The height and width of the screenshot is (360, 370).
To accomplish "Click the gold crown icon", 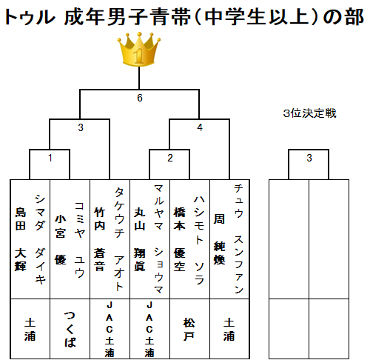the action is (x=139, y=49).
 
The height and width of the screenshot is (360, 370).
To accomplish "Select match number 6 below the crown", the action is (x=140, y=98).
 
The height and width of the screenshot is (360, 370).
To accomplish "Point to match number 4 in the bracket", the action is (x=200, y=127).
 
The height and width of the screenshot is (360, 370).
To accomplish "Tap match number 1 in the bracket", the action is (x=50, y=158).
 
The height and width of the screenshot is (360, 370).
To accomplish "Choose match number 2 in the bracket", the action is (x=170, y=158).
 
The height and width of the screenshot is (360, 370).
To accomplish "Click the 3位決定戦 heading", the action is (x=310, y=113).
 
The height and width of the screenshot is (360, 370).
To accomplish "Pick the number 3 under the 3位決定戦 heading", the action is (x=309, y=158).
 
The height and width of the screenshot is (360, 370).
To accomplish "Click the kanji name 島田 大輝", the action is (x=21, y=239).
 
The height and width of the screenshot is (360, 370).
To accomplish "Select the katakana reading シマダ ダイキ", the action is (x=40, y=239).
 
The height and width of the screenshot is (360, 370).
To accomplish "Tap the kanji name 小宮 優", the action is (x=61, y=239).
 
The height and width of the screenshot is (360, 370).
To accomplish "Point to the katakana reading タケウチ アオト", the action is (x=119, y=239).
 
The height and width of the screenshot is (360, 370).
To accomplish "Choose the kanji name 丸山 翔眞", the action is (x=140, y=239).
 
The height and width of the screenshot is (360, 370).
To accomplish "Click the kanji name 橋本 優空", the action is (x=179, y=239).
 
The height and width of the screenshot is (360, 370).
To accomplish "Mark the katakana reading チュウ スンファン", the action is (x=238, y=239).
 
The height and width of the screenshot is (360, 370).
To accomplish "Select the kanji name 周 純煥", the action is (x=219, y=239).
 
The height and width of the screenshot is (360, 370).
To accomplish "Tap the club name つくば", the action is (x=70, y=329).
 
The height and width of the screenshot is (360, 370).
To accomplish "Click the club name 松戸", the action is (x=189, y=329).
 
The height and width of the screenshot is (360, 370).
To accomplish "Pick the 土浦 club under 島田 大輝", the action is (x=30, y=329).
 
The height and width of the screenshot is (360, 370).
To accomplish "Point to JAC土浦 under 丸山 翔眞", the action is (x=149, y=329).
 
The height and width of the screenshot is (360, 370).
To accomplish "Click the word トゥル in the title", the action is (x=30, y=17).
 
